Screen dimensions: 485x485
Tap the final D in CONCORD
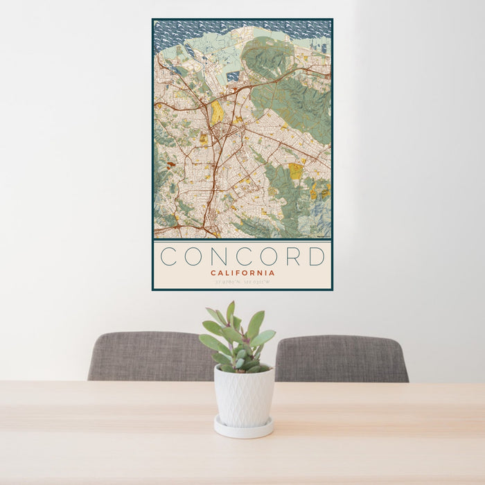317,256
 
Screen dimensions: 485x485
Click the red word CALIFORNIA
242,272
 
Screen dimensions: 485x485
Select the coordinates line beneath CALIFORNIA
242,282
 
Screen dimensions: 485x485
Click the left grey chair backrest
149,356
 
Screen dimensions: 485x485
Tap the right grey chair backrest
341,358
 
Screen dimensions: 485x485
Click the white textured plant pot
243,397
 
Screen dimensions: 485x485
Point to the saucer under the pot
243,430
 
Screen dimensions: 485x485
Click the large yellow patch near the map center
218,112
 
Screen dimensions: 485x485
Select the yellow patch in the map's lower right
296,170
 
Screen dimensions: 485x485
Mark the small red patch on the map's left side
171,165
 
